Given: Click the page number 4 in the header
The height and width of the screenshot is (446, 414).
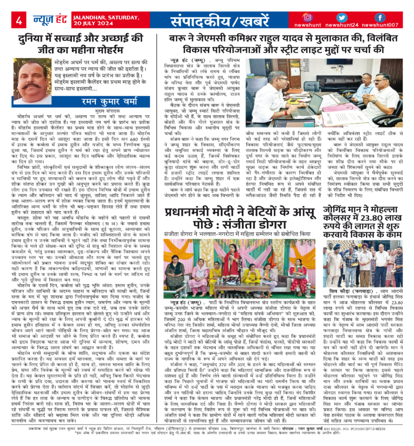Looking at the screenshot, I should point(19,21).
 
